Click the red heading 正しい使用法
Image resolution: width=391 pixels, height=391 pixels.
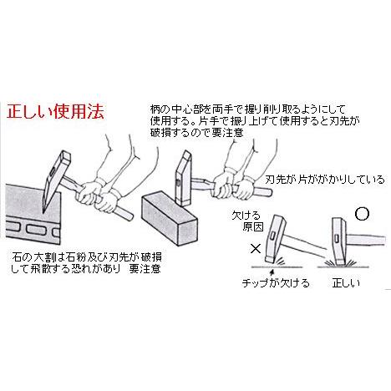[x=56, y=111]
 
